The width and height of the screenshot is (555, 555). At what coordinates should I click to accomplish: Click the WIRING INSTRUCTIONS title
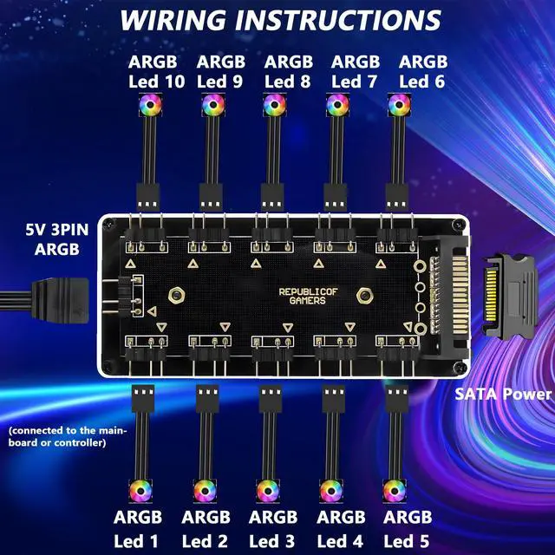(x=279, y=20)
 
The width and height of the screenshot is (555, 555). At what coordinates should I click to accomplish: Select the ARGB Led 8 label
(x=289, y=72)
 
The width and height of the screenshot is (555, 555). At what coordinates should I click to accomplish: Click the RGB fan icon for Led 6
(x=399, y=106)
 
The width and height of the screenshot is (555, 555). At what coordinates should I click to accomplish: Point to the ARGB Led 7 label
(x=356, y=72)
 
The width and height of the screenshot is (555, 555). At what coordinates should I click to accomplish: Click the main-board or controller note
(x=68, y=437)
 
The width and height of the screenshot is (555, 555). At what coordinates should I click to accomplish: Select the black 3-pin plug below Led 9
(x=211, y=193)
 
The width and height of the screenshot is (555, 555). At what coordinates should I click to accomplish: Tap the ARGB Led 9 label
(x=221, y=72)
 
